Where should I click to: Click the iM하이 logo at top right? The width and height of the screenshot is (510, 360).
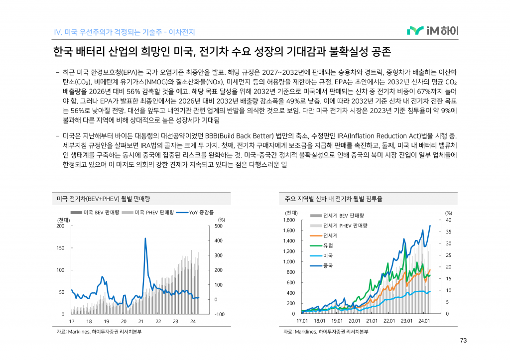click(432, 31)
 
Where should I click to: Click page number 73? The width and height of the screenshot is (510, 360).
click(463, 341)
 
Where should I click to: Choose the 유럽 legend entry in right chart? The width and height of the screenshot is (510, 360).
click(328, 245)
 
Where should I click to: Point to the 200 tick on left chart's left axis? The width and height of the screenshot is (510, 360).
click(61, 226)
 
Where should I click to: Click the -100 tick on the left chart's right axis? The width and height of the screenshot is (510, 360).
click(219, 314)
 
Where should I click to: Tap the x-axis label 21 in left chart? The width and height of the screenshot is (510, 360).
click(141, 322)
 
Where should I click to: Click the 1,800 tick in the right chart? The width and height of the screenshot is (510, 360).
click(289, 220)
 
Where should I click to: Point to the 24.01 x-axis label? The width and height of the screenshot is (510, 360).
click(424, 322)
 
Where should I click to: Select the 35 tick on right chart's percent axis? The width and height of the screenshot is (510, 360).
click(448, 232)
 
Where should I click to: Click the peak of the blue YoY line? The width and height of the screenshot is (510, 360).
click(145, 239)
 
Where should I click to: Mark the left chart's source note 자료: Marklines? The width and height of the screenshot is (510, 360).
click(99, 332)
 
